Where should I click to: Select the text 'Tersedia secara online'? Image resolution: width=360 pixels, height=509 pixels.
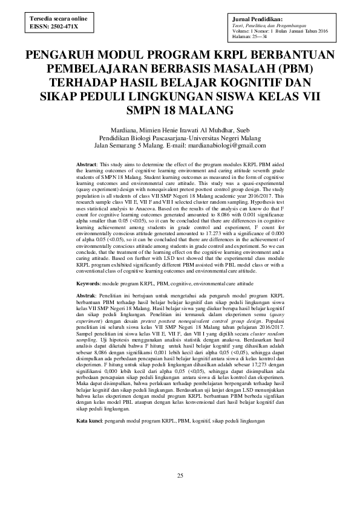[x=54, y=19]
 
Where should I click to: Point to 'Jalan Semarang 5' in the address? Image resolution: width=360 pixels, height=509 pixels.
[x=120, y=146]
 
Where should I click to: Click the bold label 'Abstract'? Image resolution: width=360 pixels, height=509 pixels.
[x=87, y=164]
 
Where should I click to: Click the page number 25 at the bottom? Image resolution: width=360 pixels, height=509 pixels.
[x=180, y=476]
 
